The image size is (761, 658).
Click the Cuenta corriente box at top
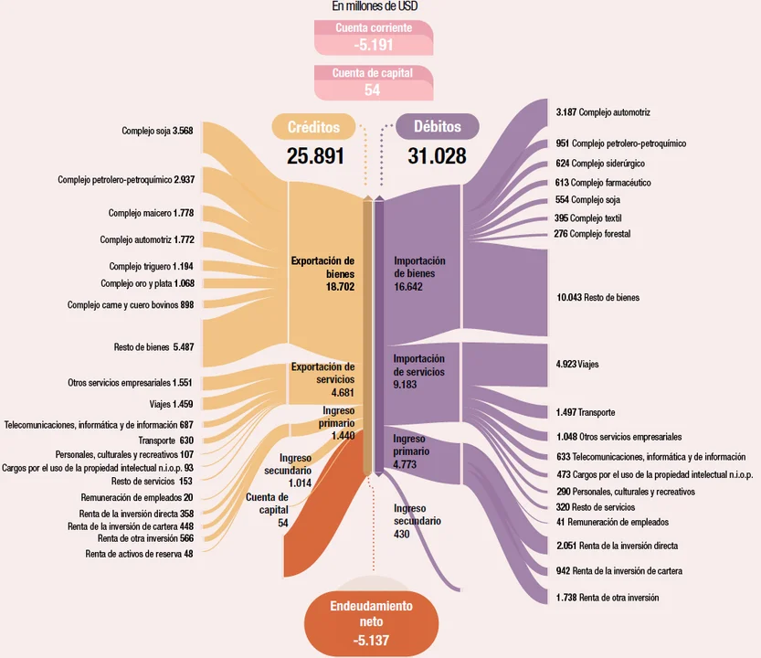click(373, 37)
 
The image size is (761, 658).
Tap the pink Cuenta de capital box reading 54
click(373, 81)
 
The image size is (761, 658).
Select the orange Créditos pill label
click(313, 127)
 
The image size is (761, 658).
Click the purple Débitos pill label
click(438, 127)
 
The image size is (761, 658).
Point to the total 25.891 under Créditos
click(315, 156)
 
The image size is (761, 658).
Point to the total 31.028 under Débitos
click(438, 156)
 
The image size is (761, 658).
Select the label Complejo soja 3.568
click(157, 131)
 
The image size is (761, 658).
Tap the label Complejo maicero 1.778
click(151, 213)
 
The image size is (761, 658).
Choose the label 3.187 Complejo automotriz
click(603, 112)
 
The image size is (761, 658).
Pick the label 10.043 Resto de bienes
click(597, 298)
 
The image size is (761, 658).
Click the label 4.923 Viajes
click(577, 364)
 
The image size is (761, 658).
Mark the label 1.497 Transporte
click(585, 412)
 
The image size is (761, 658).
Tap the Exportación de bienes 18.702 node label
click(322, 273)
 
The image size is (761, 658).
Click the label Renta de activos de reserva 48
click(139, 553)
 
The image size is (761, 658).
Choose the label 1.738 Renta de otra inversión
click(608, 597)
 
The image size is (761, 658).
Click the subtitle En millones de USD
click(375, 6)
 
